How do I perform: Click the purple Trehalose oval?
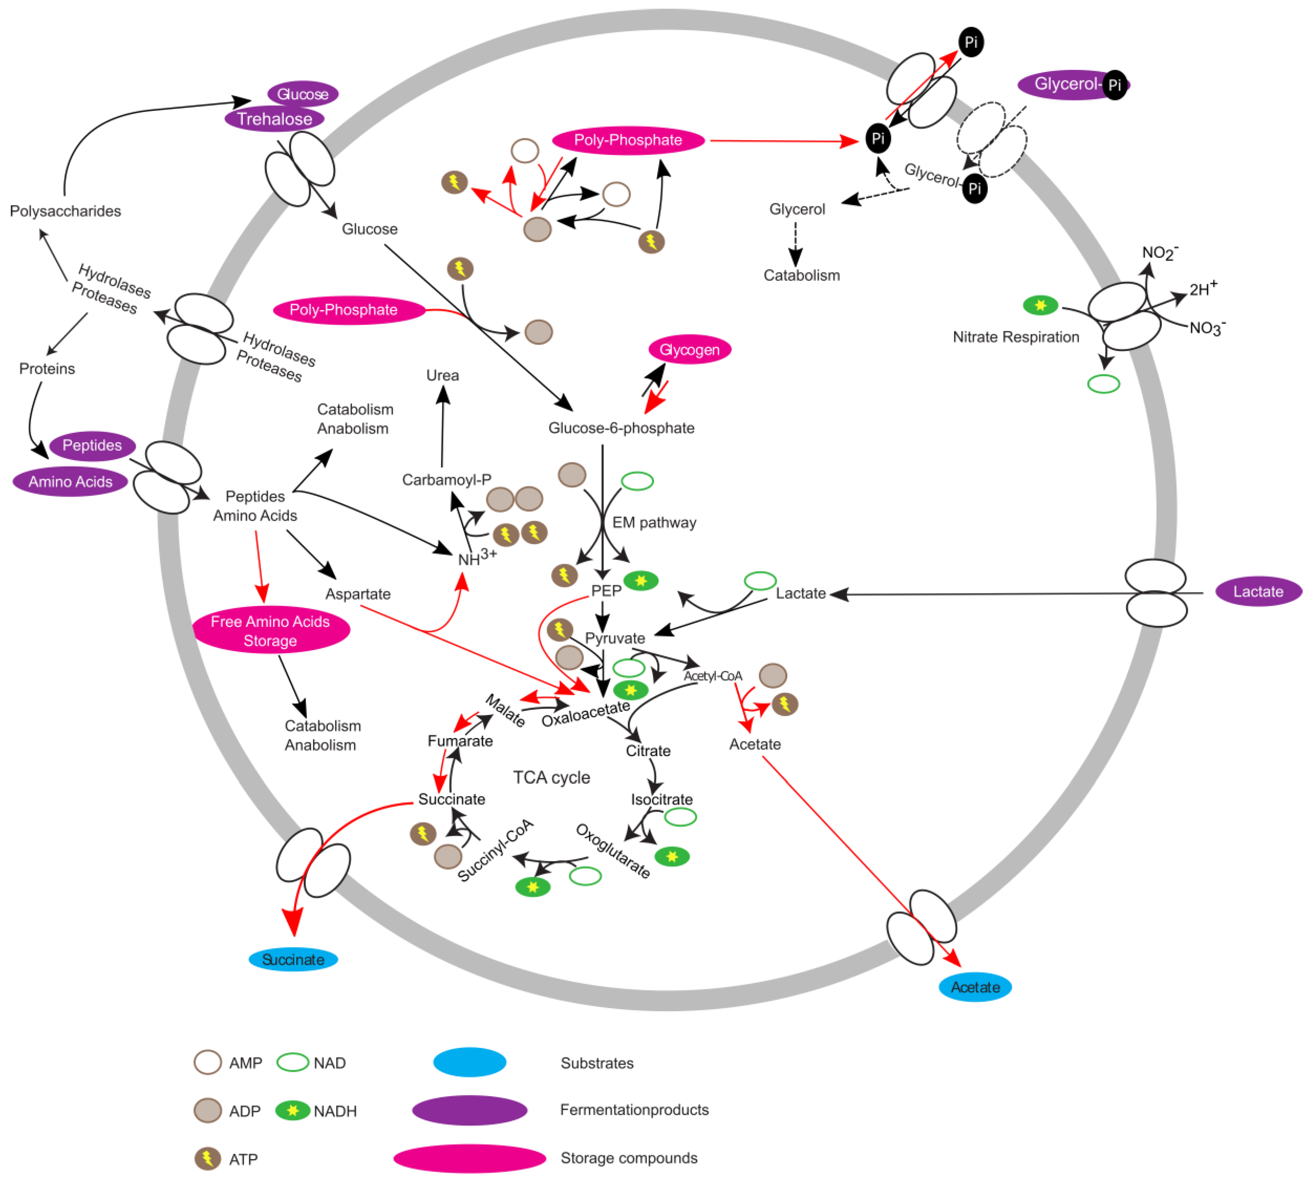(274, 119)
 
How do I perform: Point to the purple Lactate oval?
(1258, 591)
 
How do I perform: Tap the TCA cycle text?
(551, 777)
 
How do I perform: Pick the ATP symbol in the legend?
(208, 1159)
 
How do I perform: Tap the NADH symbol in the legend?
(292, 1110)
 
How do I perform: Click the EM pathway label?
(654, 523)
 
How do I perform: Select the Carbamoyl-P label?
(446, 480)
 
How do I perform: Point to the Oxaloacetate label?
(586, 713)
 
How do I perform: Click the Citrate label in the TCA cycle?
(648, 751)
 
